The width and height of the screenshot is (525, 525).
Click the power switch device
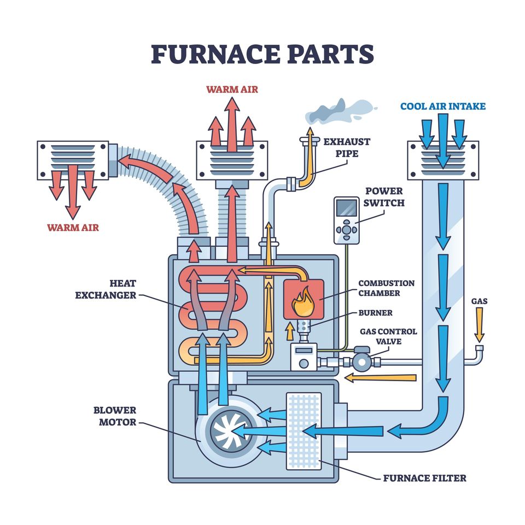(x=347, y=220)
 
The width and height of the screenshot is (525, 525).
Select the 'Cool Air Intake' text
(x=442, y=106)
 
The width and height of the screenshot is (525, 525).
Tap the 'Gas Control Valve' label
(x=388, y=336)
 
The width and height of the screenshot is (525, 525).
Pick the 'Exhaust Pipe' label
(x=347, y=148)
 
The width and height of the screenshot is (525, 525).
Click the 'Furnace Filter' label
(x=424, y=478)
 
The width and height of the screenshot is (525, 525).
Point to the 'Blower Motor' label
(x=114, y=416)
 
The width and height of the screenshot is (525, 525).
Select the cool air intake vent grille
(x=442, y=158)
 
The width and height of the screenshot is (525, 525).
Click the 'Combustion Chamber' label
(x=386, y=288)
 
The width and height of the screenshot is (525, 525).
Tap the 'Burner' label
(x=375, y=313)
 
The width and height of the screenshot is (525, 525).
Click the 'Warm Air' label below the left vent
(x=73, y=227)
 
